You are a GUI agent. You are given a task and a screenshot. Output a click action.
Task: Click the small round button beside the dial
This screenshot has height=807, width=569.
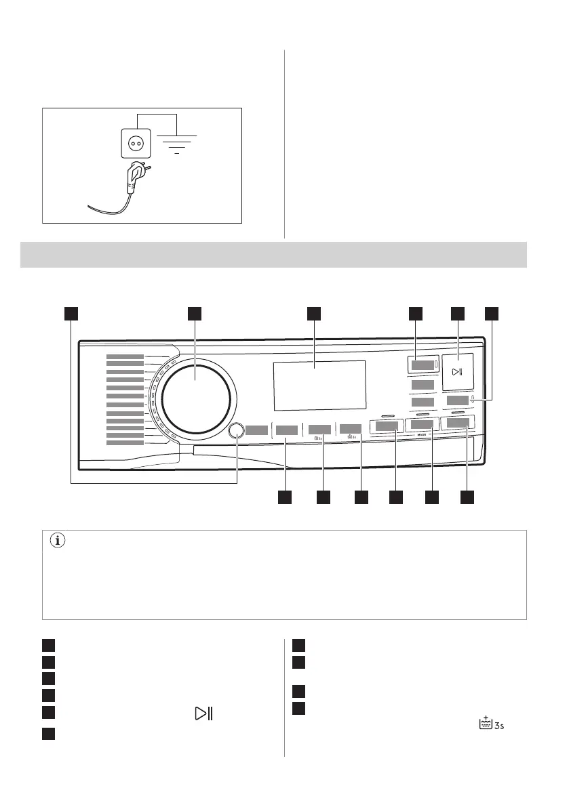(237, 430)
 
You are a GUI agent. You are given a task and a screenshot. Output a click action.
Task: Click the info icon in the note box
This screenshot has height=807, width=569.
(58, 541)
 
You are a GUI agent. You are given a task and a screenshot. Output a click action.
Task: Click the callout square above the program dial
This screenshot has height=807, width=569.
(195, 312)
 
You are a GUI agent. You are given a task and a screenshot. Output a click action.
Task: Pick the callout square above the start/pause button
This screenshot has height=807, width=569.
(458, 312)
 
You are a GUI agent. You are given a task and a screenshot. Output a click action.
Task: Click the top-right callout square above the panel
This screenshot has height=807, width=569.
(491, 312)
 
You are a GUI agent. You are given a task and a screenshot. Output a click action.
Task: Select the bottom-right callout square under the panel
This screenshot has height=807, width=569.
(467, 497)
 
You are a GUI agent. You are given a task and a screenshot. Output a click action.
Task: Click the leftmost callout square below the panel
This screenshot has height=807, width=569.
(284, 497)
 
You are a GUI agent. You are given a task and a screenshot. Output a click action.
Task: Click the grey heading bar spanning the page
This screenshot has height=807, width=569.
(273, 254)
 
